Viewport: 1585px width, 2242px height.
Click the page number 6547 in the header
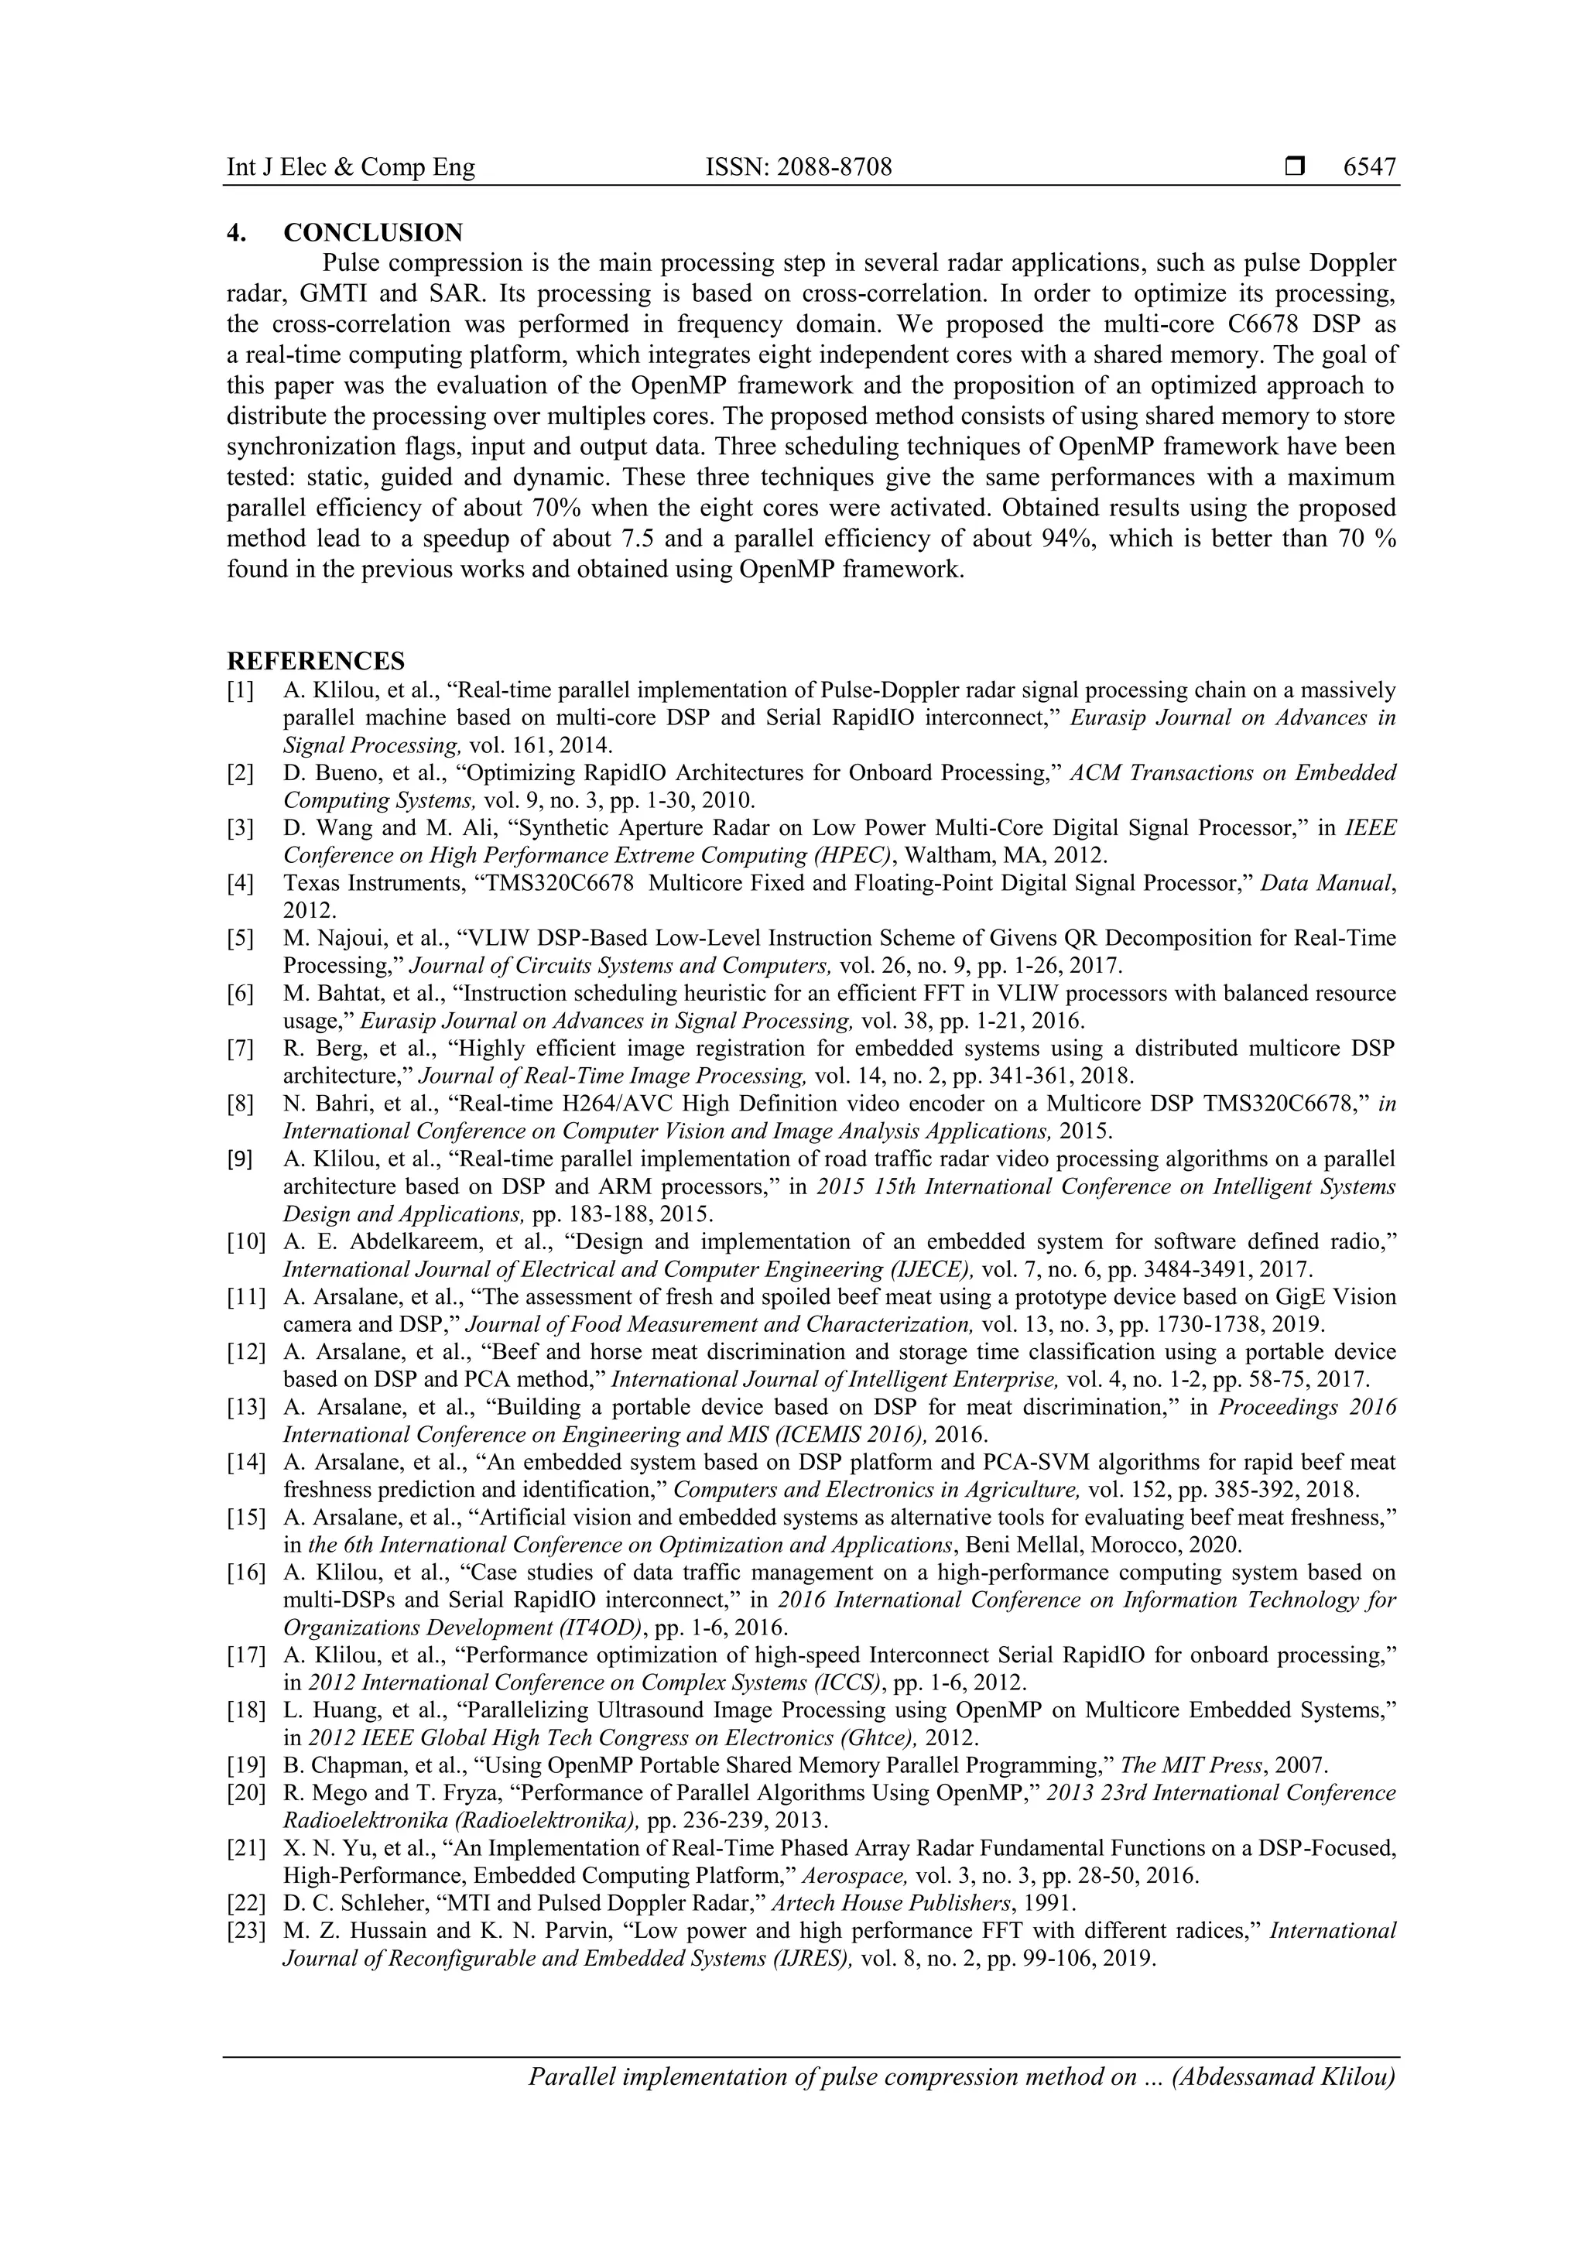1369,168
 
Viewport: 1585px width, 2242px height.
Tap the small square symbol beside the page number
1295,168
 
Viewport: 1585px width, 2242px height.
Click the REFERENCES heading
316,661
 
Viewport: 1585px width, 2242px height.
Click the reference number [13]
246,1407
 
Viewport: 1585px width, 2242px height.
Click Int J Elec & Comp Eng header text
351,168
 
